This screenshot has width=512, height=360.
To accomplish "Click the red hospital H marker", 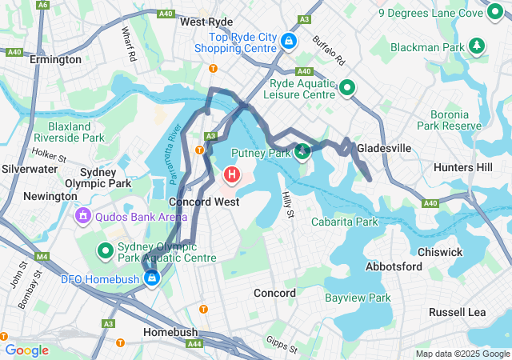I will click(232, 173).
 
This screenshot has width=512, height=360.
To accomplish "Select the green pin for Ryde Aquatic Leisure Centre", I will click(347, 87).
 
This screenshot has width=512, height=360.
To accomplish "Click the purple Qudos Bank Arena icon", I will click(83, 215).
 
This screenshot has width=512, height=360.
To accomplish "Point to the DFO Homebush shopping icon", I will click(151, 278).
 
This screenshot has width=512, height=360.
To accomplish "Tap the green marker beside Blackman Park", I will click(477, 46).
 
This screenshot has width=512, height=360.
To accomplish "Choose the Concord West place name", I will click(204, 202).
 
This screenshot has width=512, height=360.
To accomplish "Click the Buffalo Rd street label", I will click(327, 50).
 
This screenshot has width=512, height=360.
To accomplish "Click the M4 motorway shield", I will click(42, 256).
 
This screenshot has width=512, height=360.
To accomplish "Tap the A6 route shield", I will click(42, 5).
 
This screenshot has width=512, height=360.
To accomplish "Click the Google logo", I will click(27, 350).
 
